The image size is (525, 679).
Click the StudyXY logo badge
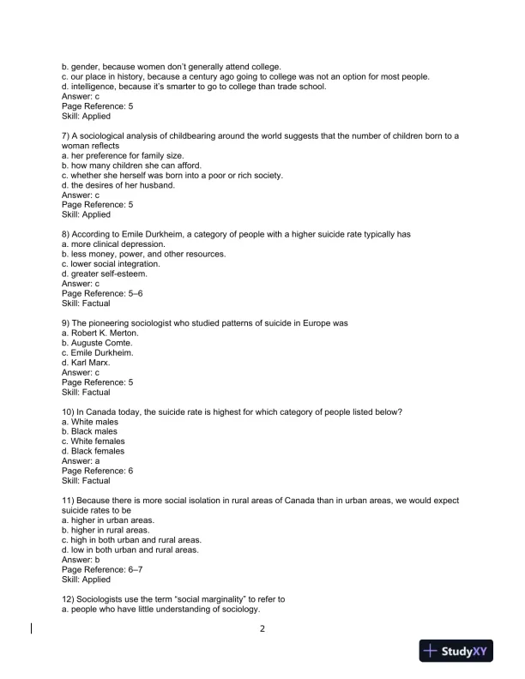[459, 653]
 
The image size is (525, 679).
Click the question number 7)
[67, 136]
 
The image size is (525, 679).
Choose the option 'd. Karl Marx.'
[89, 363]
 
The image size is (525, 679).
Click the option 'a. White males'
[93, 422]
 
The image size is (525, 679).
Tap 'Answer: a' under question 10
[80, 461]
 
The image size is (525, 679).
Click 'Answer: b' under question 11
[80, 561]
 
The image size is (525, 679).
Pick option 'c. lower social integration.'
[111, 264]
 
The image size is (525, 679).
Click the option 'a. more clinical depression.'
[109, 244]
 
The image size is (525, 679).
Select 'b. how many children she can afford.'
[131, 165]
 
